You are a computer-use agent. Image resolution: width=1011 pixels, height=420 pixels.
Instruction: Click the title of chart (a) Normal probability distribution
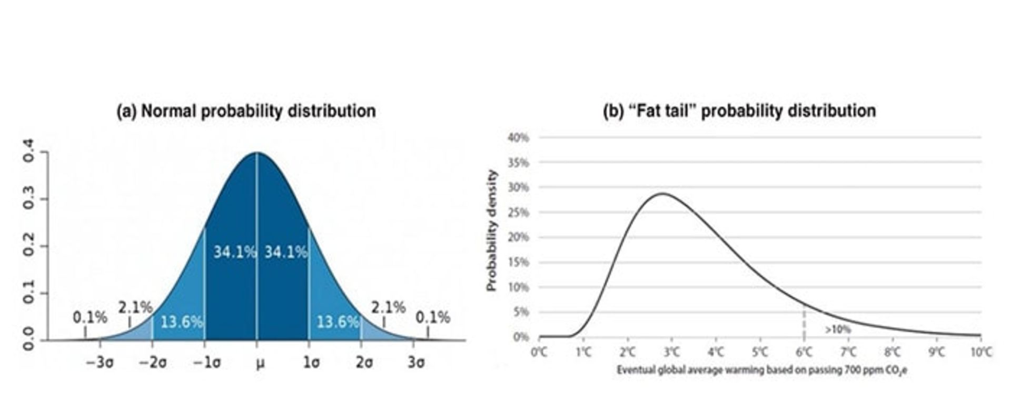[246, 111]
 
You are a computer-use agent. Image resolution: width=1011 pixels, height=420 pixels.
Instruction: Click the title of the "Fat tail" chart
[739, 111]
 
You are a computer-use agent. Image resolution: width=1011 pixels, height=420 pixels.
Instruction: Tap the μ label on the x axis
[260, 363]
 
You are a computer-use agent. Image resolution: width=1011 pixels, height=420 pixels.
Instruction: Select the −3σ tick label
[100, 363]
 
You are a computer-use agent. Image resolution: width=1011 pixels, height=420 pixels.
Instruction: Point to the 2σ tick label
[363, 363]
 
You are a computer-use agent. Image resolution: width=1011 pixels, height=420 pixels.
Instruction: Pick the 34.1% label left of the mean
[234, 252]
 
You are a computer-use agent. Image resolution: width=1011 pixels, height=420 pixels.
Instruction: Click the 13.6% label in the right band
[338, 322]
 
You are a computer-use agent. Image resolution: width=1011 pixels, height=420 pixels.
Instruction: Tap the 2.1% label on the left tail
[135, 307]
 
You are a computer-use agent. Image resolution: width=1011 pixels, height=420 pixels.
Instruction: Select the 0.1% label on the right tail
[433, 317]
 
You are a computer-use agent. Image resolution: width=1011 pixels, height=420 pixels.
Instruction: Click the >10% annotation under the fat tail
[837, 329]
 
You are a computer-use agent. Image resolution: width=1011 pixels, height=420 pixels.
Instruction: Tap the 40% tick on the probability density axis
[518, 137]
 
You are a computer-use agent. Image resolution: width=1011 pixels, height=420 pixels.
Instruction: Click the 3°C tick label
[671, 352]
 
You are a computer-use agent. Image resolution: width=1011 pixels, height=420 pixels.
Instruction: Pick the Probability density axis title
[492, 230]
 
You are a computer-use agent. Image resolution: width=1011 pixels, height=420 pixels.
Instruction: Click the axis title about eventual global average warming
[762, 370]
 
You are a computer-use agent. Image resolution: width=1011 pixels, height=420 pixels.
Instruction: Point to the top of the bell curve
[257, 153]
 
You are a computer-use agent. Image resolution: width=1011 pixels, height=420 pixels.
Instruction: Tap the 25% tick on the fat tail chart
[518, 212]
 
